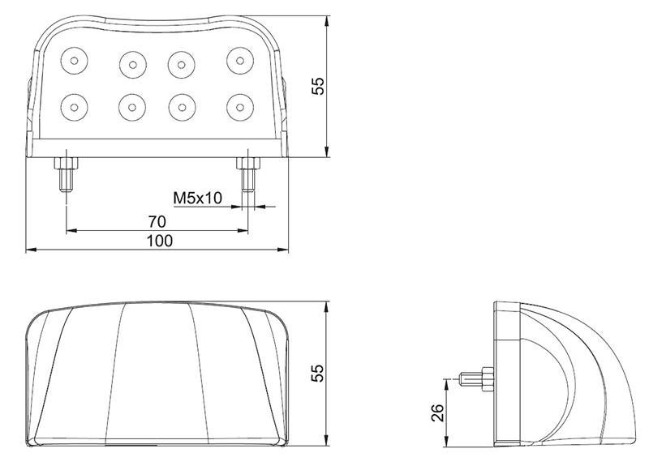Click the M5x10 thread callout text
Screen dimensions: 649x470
click(198, 198)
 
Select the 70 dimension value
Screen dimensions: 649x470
click(157, 222)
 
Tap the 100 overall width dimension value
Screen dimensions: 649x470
click(160, 241)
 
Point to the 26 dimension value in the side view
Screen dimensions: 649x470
click(437, 412)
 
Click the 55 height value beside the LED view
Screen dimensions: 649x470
click(318, 86)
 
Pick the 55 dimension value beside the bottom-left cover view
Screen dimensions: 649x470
click(318, 374)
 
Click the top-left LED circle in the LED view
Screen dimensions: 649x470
click(74, 61)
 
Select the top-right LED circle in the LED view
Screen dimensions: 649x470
click(240, 61)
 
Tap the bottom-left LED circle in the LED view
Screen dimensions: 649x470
click(74, 108)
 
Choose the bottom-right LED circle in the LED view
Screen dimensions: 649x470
click(240, 108)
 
